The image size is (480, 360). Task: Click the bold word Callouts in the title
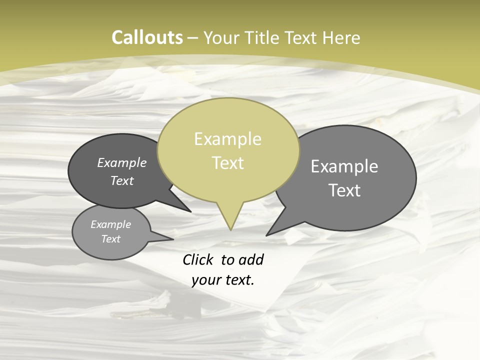point(147,37)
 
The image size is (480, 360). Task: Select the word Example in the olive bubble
point(227,139)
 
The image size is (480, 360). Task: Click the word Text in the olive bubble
point(228,163)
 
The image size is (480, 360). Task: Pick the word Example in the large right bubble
point(344,166)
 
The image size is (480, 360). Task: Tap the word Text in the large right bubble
point(344,190)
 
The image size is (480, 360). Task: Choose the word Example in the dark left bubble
point(122,162)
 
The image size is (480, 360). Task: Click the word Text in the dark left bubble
point(122,180)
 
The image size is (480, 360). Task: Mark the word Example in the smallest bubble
point(111,224)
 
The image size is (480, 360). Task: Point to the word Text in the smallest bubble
point(111,239)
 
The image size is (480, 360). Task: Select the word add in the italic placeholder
point(251,260)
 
